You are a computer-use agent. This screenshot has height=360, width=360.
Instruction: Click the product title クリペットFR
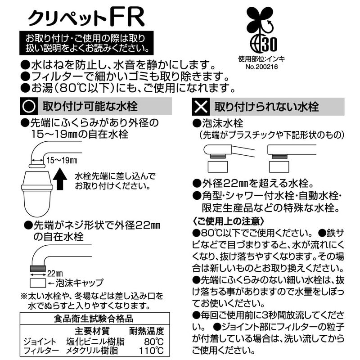(x=86, y=18)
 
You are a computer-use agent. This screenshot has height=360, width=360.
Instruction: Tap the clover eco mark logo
(x=262, y=29)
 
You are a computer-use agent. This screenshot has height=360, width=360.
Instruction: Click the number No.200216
(x=261, y=67)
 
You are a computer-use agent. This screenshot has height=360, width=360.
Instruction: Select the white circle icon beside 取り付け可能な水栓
(x=29, y=106)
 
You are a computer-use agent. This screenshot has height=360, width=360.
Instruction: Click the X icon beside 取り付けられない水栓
(x=201, y=107)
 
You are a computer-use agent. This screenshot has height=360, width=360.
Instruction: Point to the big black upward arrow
(x=60, y=179)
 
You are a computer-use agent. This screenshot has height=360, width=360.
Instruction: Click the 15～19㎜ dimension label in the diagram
(x=62, y=160)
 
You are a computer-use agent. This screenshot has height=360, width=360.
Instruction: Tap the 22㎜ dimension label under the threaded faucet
(x=55, y=274)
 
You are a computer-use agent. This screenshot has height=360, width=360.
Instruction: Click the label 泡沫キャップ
(x=80, y=283)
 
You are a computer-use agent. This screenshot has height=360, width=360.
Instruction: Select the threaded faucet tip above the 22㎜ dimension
(x=38, y=268)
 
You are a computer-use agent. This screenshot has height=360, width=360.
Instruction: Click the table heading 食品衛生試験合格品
(x=94, y=319)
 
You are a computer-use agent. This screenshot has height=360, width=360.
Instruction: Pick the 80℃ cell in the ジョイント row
(x=153, y=342)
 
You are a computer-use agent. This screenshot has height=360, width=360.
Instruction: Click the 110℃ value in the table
(x=151, y=351)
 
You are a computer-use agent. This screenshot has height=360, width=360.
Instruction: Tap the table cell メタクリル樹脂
(x=92, y=351)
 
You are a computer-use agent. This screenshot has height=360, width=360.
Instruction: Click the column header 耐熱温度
(x=147, y=331)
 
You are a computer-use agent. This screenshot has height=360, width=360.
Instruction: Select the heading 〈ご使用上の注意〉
(x=228, y=221)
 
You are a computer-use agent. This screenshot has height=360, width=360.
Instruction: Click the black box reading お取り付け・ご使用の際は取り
(x=86, y=43)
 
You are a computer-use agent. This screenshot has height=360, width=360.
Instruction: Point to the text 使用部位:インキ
(x=261, y=59)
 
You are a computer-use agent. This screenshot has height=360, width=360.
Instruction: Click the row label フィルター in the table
(x=41, y=351)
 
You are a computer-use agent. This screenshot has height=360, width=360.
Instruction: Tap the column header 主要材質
(x=92, y=331)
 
